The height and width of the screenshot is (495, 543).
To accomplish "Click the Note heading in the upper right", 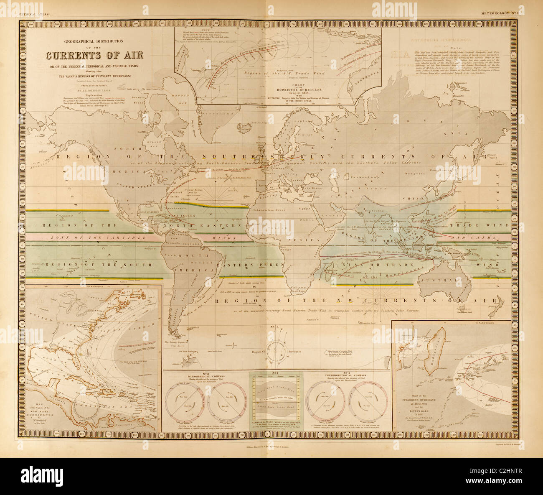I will click(x=455, y=47).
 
